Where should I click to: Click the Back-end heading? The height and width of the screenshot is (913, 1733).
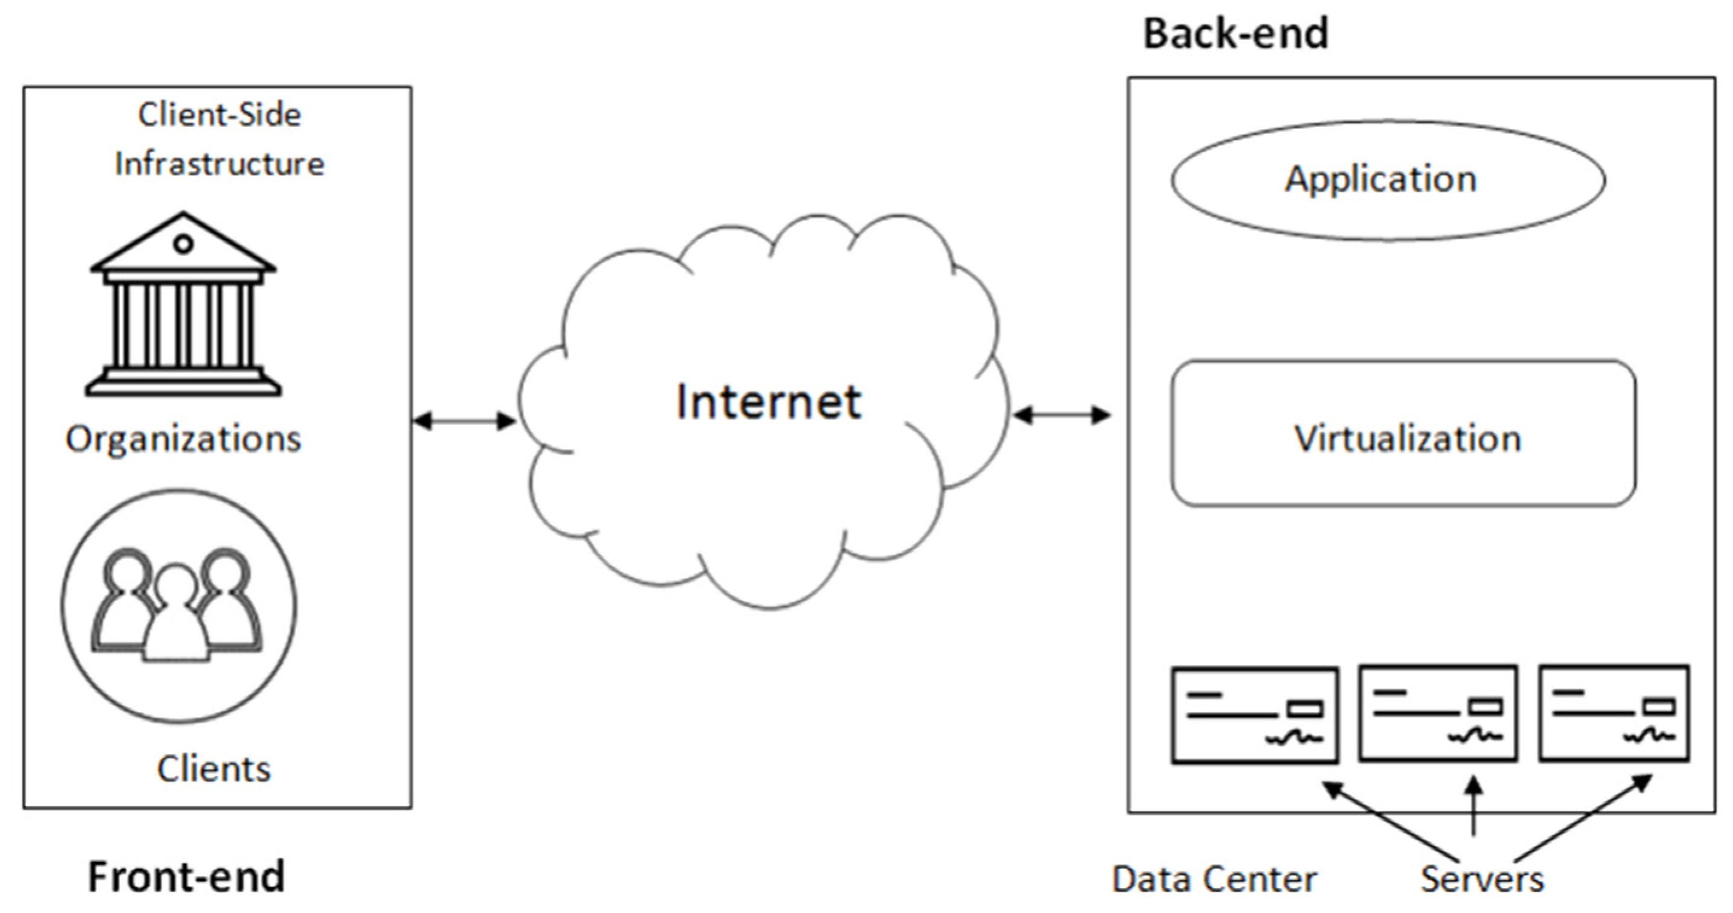tap(1235, 34)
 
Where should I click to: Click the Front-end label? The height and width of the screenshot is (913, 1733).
tap(186, 877)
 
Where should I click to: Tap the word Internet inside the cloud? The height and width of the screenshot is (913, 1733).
tap(768, 402)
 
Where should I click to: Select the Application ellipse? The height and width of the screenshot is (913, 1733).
tap(1387, 180)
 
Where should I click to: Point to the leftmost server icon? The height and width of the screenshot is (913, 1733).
tap(1254, 714)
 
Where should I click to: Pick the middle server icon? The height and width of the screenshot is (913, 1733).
tap(1437, 713)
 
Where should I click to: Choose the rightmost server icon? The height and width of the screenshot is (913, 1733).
tap(1614, 713)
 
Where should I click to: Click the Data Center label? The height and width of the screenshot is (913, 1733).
tap(1214, 879)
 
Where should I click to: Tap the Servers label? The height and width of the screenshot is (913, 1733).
tap(1481, 879)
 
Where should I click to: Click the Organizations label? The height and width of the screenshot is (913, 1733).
tap(183, 439)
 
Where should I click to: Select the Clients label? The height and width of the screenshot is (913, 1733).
tap(214, 769)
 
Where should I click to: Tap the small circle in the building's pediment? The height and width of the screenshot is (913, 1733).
tap(183, 244)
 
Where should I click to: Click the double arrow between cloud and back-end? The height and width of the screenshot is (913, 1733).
tap(1062, 415)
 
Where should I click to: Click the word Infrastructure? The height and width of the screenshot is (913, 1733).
tap(220, 164)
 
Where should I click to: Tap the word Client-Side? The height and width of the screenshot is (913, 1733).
tap(220, 115)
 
